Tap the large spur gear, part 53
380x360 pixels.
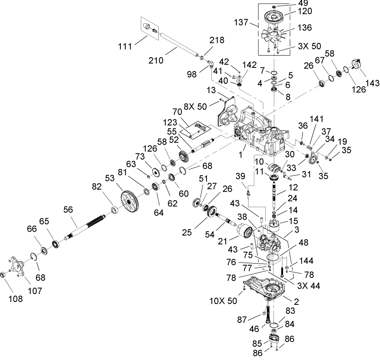pyautogui.click(x=130, y=199)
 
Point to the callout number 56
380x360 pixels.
pyautogui.click(x=69, y=208)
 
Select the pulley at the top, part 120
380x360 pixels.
pyautogui.click(x=274, y=16)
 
